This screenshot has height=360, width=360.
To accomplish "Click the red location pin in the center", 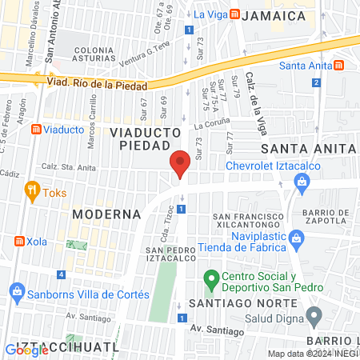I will point(180,164).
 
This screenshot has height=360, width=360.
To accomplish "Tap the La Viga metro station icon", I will point(234,14).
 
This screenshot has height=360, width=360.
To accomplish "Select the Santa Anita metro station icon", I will point(339,65).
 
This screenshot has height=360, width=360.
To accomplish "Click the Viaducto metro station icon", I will point(36,129).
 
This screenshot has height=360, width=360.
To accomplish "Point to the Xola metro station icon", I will point(18,241).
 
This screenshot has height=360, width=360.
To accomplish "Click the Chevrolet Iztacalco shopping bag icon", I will point(302,182).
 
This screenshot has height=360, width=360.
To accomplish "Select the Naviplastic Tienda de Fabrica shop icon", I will point(297,238).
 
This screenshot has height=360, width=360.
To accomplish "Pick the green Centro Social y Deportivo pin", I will point(211,280).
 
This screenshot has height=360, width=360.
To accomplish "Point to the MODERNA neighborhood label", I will point(106,214).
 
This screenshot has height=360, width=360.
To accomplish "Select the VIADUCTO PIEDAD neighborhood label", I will point(140,138).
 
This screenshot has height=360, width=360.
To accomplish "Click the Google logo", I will point(26,350).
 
